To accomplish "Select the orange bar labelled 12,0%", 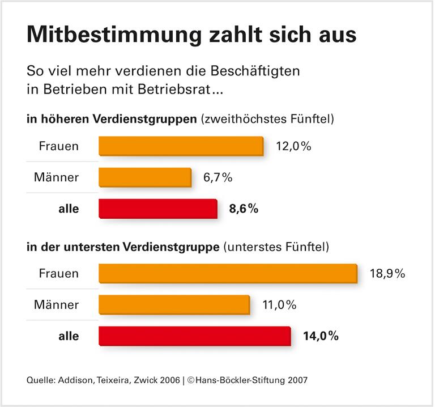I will click(x=181, y=146).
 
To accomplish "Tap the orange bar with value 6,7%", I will click(x=145, y=177).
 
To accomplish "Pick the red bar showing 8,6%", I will click(x=157, y=209).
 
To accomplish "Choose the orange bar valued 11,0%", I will click(x=174, y=305).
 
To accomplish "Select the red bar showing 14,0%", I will click(x=194, y=336).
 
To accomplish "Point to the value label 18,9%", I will click(x=387, y=274).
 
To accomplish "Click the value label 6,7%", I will click(x=217, y=177).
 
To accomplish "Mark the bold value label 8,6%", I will click(x=244, y=209).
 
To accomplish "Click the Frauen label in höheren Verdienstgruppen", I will click(x=58, y=146).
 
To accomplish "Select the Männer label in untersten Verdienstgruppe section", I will click(x=56, y=305).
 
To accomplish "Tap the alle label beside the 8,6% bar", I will click(x=69, y=209).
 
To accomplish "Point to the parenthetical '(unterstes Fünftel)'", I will click(x=277, y=247).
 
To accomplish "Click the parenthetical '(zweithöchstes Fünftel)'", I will click(x=268, y=120).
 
